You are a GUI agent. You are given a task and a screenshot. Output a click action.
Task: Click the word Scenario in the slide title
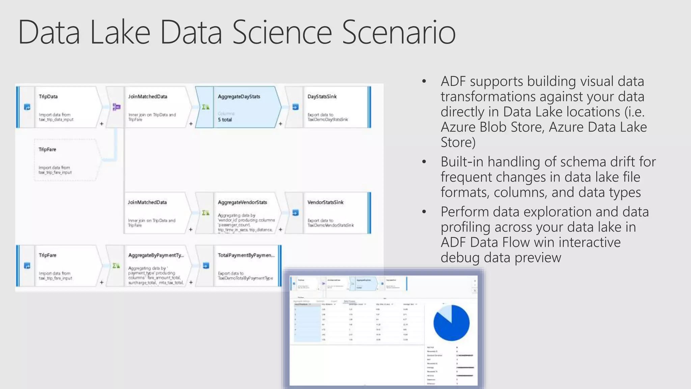click(398, 32)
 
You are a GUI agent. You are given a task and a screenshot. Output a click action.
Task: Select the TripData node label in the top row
click(48, 97)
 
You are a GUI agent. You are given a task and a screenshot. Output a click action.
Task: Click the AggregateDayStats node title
click(239, 97)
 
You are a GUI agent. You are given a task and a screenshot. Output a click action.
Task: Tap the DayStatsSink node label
click(322, 97)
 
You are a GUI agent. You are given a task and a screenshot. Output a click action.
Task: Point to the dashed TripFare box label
click(47, 149)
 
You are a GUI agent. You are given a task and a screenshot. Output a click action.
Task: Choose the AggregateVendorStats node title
click(242, 202)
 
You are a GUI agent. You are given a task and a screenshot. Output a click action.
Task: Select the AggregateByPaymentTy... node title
click(156, 255)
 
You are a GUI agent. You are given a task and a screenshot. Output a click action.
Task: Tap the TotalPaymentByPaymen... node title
click(246, 255)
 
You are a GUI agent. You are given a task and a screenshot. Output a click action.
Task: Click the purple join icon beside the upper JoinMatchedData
click(116, 107)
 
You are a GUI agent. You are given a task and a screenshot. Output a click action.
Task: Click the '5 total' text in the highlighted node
click(225, 120)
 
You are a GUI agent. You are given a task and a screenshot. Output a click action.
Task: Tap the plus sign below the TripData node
click(102, 124)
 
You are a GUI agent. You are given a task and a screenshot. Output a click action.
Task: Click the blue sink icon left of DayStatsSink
click(295, 107)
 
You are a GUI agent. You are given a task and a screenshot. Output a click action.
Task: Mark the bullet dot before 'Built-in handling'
click(424, 162)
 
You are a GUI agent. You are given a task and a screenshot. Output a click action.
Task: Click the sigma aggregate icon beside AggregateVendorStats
click(206, 213)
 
